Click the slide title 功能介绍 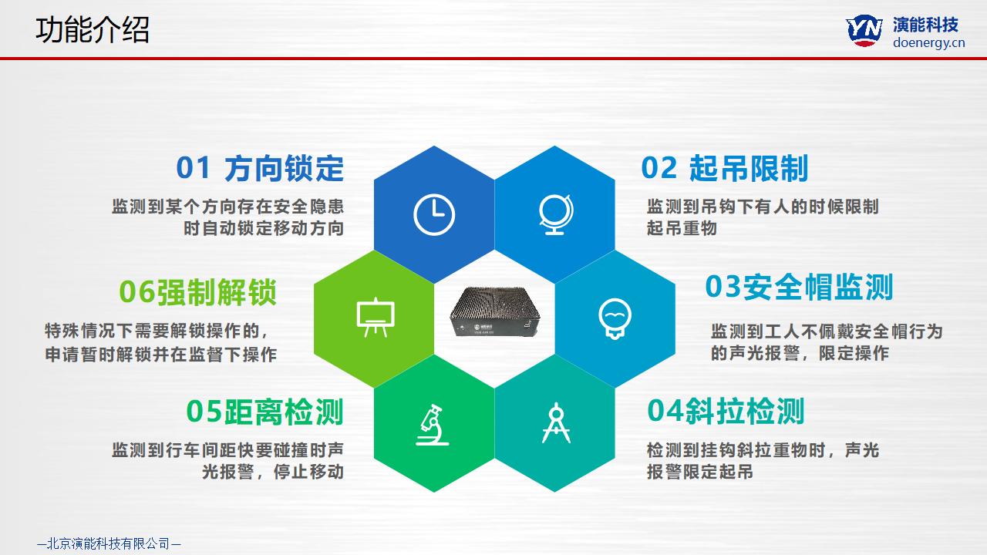click(x=93, y=30)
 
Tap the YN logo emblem click(x=864, y=30)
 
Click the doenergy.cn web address click(x=929, y=42)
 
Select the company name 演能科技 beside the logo click(x=925, y=25)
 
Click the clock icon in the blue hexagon click(x=434, y=214)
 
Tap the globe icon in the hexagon click(x=555, y=214)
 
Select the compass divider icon click(x=556, y=423)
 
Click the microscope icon click(x=432, y=425)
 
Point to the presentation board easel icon click(x=376, y=318)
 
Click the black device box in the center click(x=495, y=311)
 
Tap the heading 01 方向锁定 click(x=260, y=168)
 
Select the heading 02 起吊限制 click(x=725, y=168)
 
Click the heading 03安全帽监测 click(x=800, y=288)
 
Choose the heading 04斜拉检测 click(x=726, y=411)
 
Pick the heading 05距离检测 click(x=264, y=412)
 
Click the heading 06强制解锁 click(x=198, y=292)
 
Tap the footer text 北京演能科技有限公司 click(x=109, y=543)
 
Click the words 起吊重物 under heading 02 click(x=682, y=228)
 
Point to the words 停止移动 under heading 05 click(x=308, y=472)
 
